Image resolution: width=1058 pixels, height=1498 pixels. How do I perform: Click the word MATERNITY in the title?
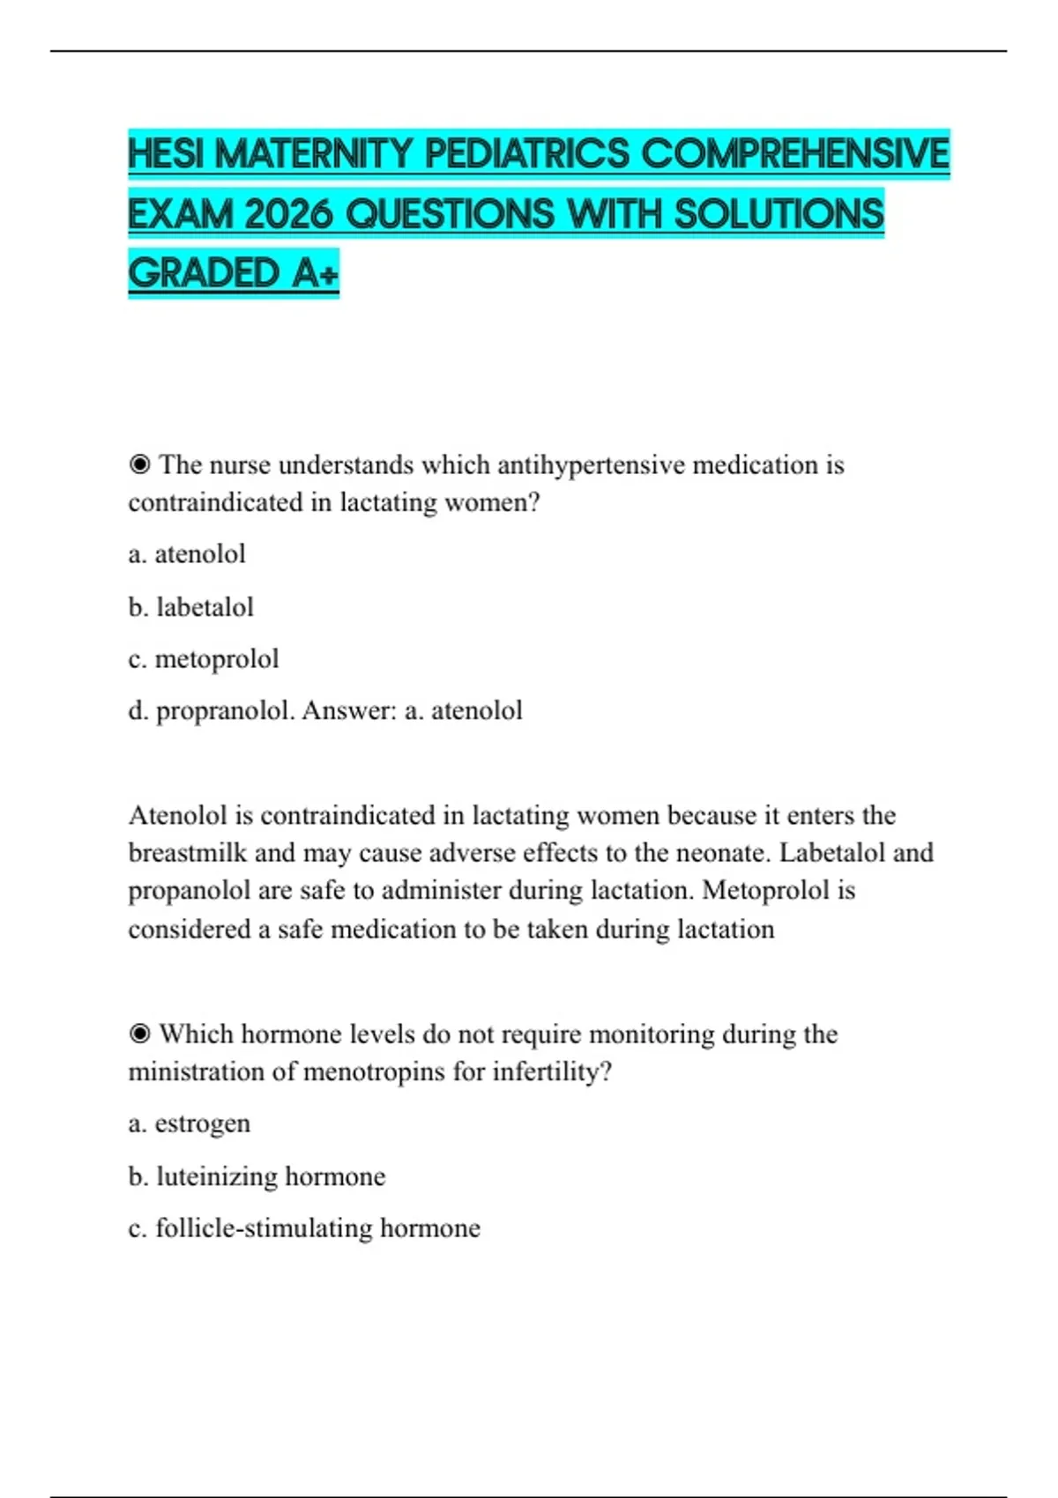[x=314, y=154]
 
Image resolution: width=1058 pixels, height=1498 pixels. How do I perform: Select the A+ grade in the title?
[x=315, y=273]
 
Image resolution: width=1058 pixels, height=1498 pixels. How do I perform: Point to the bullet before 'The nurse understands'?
[x=139, y=464]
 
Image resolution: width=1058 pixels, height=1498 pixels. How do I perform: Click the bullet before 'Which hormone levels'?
[x=139, y=1034]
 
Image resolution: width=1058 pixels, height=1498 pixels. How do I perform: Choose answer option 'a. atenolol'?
[x=187, y=554]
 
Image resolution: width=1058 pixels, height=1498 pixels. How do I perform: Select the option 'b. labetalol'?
[x=190, y=607]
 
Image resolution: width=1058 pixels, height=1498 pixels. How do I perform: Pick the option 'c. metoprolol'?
[x=203, y=659]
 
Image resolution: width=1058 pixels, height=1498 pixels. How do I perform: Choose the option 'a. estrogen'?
[x=189, y=1123]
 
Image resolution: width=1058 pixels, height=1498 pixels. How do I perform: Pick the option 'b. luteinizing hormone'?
[x=257, y=1176]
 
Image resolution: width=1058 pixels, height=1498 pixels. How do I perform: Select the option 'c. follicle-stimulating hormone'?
[x=304, y=1228]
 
